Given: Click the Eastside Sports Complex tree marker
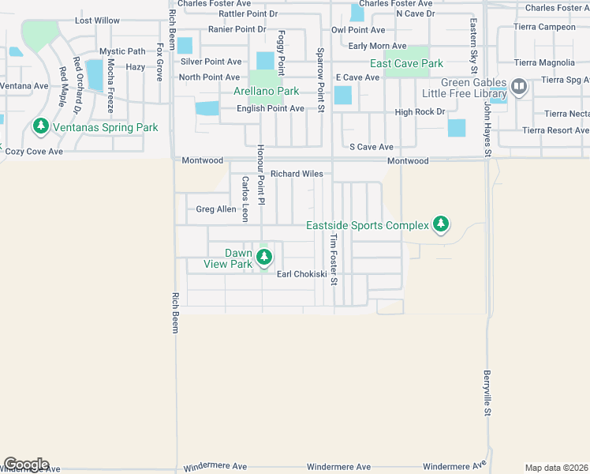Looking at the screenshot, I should click(441, 225).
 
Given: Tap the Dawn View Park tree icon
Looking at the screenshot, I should click(264, 258).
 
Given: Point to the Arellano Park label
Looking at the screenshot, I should click(265, 92).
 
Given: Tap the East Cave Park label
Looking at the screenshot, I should click(407, 63).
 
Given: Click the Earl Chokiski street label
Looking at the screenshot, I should click(301, 274).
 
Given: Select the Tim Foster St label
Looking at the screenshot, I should click(334, 259).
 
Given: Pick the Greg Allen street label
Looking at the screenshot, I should click(215, 209).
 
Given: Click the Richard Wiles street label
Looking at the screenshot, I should click(297, 174).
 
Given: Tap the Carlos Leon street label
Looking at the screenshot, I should click(245, 198).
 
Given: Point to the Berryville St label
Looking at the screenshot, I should click(487, 393).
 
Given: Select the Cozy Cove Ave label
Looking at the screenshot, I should click(34, 151).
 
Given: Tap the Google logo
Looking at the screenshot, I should click(26, 464).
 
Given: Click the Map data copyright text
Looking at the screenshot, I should click(556, 468).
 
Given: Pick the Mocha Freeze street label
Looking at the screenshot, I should click(110, 85).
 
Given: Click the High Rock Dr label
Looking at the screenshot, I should click(420, 112).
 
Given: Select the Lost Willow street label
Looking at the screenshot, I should click(97, 21).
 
